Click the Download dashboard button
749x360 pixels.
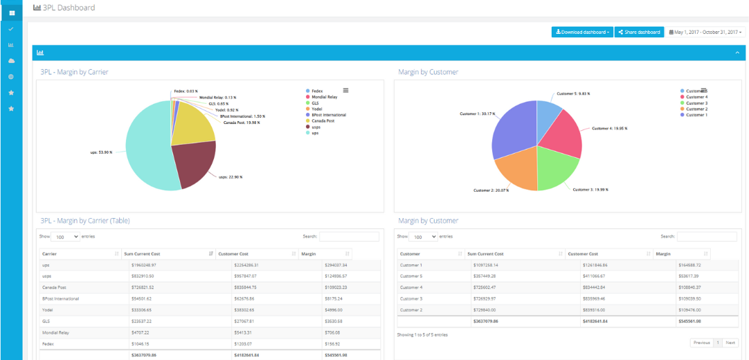[582, 32]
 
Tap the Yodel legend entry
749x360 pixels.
[317, 109]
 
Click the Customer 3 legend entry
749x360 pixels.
[696, 103]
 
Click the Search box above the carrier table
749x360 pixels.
[349, 237]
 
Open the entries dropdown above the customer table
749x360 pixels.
[423, 237]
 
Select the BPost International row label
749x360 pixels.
[61, 298]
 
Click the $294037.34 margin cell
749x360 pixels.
[335, 265]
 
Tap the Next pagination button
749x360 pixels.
[730, 343]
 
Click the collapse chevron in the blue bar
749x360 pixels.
[737, 53]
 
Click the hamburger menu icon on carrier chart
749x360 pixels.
[346, 90]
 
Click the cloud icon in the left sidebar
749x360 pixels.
[11, 61]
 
